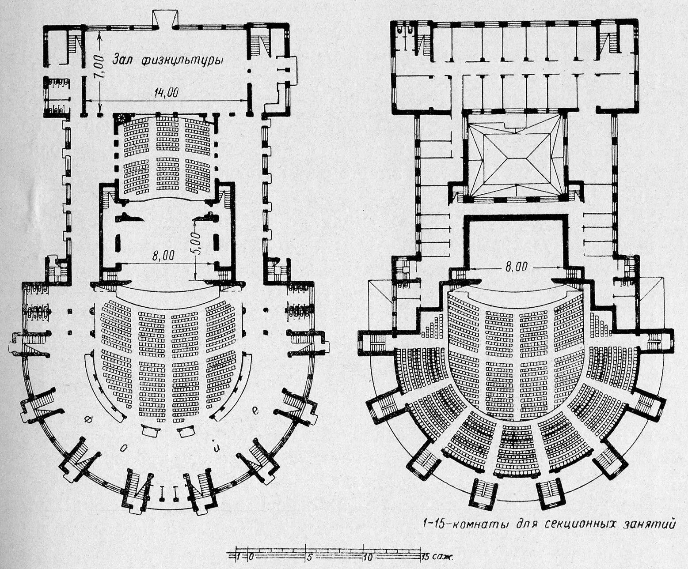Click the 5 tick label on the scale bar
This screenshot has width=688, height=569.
[x=309, y=557]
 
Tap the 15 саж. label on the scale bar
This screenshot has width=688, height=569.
[x=435, y=557]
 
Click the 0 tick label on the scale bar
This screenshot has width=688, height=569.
[x=251, y=557]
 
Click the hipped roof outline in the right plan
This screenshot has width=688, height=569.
[x=515, y=157]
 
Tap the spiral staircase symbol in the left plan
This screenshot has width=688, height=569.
[x=120, y=118]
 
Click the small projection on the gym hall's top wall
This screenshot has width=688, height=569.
[x=162, y=19]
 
